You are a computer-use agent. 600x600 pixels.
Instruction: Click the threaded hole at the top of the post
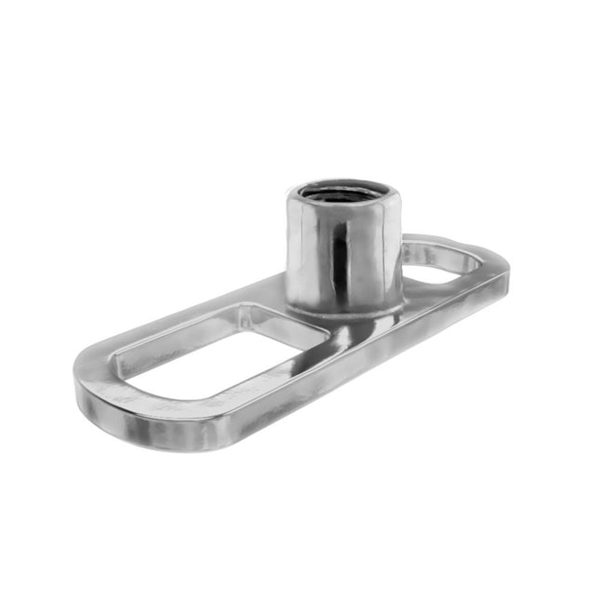(x=345, y=196)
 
